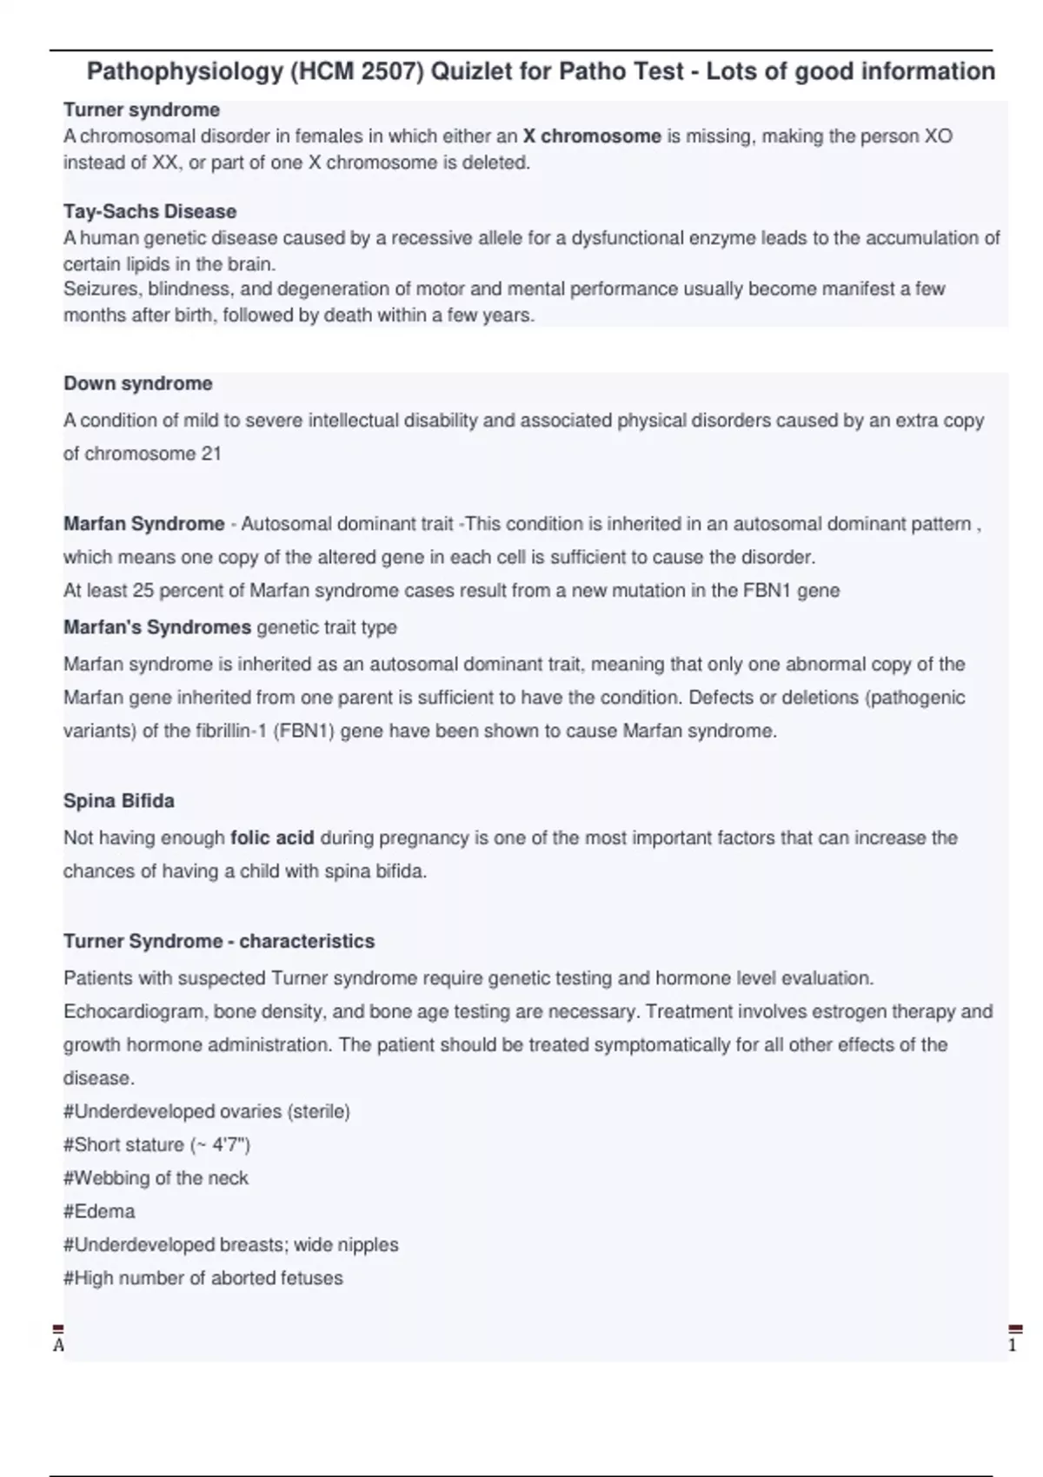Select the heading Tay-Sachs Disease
[x=149, y=211]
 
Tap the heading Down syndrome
[x=137, y=383]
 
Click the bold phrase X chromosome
[x=592, y=136]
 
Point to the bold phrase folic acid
[x=272, y=838]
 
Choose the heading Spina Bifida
[x=118, y=801]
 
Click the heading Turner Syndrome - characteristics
[x=218, y=941]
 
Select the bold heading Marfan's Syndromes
[x=156, y=627]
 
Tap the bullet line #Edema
[x=99, y=1211]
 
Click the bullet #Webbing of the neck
[x=156, y=1178]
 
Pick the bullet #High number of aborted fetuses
[x=203, y=1278]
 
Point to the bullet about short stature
[x=156, y=1145]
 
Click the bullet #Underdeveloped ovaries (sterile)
[x=206, y=1111]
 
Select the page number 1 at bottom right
[x=1012, y=1346]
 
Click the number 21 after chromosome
[x=210, y=454]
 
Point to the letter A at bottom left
[x=58, y=1346]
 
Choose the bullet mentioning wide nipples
[x=230, y=1245]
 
